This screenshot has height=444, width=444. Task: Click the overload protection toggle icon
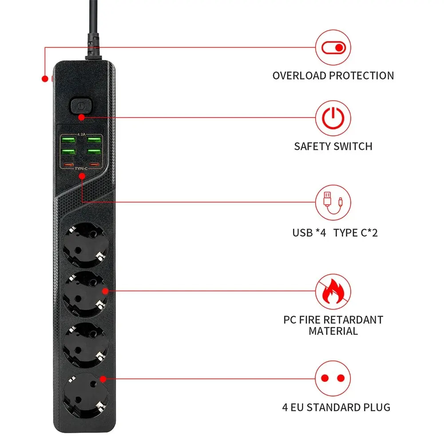333,48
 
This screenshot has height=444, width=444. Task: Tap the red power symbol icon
333,118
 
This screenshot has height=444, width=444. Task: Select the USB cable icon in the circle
333,203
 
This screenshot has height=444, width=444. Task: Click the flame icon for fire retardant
333,291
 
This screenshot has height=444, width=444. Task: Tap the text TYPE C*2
355,233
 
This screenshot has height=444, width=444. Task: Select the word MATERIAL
333,331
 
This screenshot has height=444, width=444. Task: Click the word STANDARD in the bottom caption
333,408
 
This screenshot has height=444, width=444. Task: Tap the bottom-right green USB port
94,151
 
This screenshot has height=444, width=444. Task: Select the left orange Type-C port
68,165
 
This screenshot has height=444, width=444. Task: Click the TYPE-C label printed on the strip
81,169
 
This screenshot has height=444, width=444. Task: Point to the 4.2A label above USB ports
81,135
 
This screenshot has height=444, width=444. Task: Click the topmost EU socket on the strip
85,245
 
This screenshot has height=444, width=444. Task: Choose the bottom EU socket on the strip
86,395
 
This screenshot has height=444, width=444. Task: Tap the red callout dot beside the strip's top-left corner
45,79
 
